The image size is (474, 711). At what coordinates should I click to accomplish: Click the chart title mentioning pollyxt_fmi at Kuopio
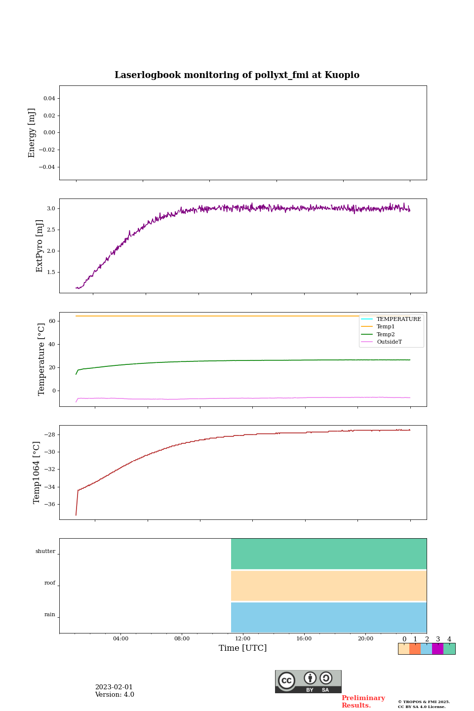(x=237, y=75)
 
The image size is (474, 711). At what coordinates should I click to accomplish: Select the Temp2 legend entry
(x=385, y=334)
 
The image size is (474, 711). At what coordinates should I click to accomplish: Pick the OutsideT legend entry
(x=389, y=342)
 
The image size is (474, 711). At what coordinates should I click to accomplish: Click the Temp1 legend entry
(x=385, y=326)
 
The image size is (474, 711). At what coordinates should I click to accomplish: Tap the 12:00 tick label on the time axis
(x=243, y=638)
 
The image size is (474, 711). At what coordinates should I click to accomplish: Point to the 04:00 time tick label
(x=120, y=638)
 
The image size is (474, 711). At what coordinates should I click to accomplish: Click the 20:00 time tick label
(x=365, y=638)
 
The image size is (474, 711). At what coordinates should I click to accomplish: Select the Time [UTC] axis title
(x=243, y=648)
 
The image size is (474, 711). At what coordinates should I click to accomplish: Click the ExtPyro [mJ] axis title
(x=39, y=246)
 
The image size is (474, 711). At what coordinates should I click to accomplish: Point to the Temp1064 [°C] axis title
(x=37, y=473)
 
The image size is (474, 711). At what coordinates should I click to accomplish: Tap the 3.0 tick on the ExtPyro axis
(x=51, y=208)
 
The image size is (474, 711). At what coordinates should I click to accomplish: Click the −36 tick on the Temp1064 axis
(x=49, y=504)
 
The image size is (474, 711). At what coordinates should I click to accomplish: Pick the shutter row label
(x=45, y=551)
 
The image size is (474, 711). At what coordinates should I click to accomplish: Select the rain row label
(x=50, y=614)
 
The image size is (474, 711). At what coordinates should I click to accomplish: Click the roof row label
(x=50, y=583)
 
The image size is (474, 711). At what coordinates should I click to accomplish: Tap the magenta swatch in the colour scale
(x=437, y=649)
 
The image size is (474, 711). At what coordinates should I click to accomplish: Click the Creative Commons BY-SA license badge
(x=308, y=681)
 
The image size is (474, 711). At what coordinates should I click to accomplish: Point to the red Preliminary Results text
(x=363, y=701)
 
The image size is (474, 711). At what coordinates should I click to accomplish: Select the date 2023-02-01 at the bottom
(x=114, y=687)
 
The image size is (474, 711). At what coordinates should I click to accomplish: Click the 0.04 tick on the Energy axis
(x=49, y=98)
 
